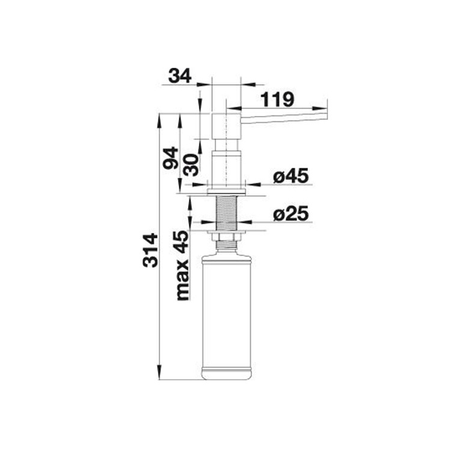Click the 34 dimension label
click(x=180, y=76)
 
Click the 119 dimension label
click(x=277, y=99)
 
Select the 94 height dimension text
click(x=170, y=158)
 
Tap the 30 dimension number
click(x=191, y=165)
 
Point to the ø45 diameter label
click(x=290, y=176)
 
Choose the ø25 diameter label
click(x=290, y=213)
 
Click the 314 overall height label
click(x=150, y=251)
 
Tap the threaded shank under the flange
click(x=227, y=213)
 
